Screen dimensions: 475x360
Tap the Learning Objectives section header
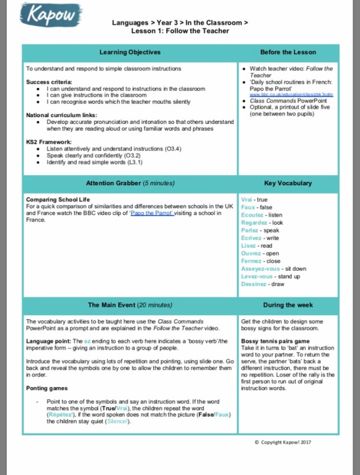point(130,52)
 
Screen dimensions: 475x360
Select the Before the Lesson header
point(288,52)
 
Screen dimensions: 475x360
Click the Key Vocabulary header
point(288,183)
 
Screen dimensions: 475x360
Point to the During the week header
point(288,305)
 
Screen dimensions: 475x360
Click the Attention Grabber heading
point(130,183)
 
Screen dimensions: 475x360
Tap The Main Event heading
point(130,305)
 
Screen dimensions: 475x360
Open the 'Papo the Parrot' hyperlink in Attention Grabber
point(152,213)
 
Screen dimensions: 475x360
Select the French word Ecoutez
point(251,215)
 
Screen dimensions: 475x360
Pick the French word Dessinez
point(254,284)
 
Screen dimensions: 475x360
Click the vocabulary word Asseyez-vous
point(257,269)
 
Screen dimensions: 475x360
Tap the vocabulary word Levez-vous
point(256,276)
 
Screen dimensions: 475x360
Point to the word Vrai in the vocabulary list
point(246,200)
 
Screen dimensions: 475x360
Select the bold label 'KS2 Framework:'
point(49,142)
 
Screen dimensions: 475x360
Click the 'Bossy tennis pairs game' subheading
point(275,341)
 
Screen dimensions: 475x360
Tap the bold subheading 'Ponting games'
point(48,388)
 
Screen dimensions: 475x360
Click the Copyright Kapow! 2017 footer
point(282,442)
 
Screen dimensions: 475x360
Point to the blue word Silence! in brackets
point(118,421)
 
